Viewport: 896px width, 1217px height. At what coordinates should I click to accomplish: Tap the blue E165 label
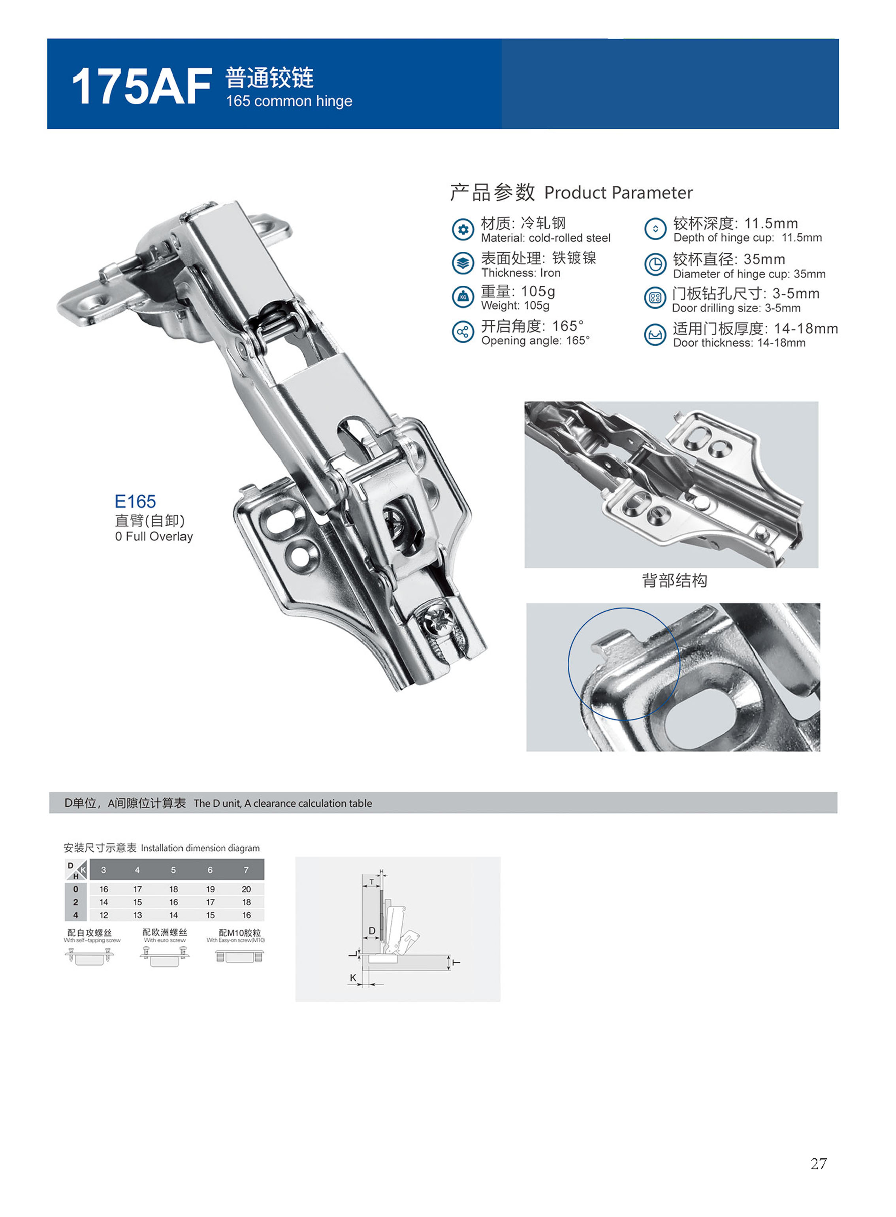135,501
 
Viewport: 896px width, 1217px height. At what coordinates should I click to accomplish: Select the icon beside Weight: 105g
463,297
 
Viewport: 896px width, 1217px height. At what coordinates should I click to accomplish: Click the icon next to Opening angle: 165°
463,332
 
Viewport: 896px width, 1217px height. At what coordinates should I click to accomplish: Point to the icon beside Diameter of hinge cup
655,264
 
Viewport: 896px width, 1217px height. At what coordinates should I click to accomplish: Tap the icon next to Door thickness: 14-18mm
655,334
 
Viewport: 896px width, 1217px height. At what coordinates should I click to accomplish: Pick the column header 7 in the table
246,870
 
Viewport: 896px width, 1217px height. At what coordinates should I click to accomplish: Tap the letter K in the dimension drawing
353,978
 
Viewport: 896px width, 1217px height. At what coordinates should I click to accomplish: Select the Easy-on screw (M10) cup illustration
240,957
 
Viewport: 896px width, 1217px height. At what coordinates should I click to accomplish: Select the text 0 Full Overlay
154,537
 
